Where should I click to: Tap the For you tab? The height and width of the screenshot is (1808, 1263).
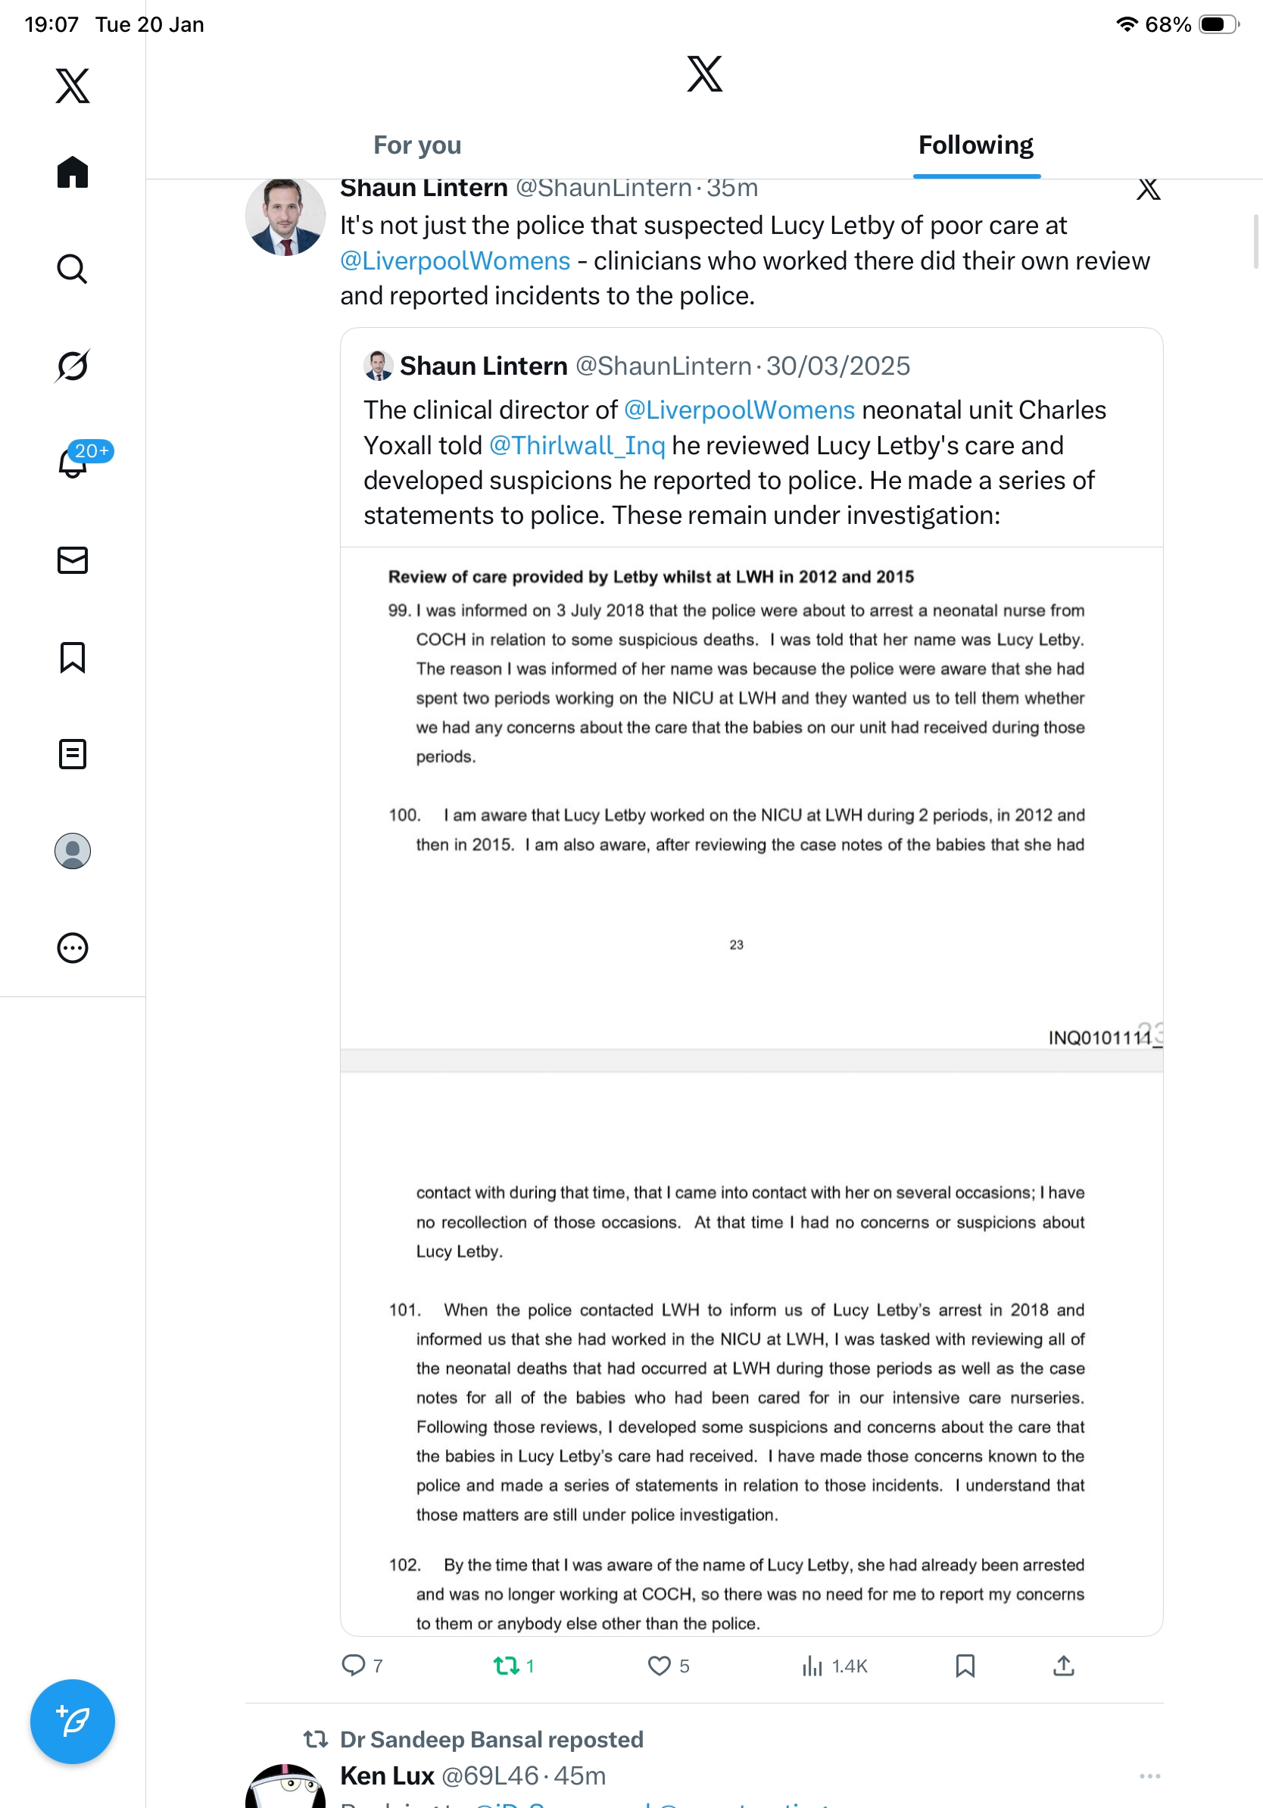(416, 145)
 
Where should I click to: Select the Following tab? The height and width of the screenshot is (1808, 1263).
(975, 145)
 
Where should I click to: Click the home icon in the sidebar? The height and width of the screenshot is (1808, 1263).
(73, 172)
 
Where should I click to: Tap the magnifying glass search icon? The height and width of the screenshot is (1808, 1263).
(73, 270)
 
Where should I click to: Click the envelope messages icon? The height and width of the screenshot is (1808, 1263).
(73, 560)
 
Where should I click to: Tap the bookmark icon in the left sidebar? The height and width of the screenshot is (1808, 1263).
(73, 656)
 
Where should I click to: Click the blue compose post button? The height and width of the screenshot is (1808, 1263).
(73, 1721)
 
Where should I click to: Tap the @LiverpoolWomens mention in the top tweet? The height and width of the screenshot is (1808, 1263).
(455, 260)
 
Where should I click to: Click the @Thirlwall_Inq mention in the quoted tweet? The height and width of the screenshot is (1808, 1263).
(576, 446)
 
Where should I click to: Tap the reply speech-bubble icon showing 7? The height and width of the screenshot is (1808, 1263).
(354, 1665)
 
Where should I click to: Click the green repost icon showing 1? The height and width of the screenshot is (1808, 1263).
(506, 1665)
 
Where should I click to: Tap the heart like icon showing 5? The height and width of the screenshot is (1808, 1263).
(659, 1665)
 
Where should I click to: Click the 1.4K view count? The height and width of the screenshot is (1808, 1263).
(849, 1666)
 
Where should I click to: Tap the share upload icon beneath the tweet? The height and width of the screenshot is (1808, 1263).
(1063, 1665)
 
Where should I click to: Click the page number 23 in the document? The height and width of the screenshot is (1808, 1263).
(736, 944)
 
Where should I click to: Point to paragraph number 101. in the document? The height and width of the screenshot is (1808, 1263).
(405, 1310)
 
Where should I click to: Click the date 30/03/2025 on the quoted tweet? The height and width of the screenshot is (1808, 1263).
(837, 366)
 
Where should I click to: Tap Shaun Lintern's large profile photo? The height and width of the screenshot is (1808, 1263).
(285, 217)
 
